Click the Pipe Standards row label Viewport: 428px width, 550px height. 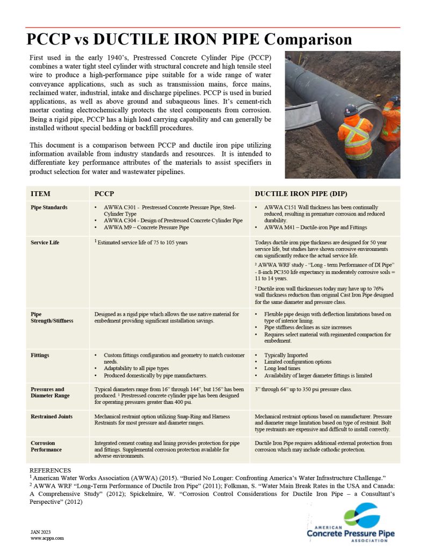[x=49, y=207]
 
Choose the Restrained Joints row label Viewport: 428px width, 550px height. [x=51, y=416]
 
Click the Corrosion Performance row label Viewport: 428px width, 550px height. [x=46, y=446]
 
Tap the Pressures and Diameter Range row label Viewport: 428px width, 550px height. [x=47, y=392]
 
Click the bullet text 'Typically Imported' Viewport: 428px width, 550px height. [x=286, y=356]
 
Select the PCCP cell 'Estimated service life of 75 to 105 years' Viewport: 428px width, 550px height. [x=142, y=243]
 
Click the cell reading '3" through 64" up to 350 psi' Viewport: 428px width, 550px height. [x=303, y=389]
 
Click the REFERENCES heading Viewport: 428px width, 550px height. [x=50, y=470]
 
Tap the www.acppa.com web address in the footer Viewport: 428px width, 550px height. [x=47, y=538]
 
